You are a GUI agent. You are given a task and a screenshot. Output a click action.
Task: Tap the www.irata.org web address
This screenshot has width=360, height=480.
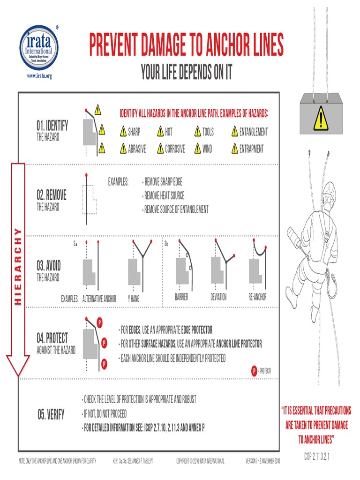(x=39, y=76)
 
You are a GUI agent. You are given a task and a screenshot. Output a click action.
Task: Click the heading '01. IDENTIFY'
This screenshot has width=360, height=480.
(x=52, y=126)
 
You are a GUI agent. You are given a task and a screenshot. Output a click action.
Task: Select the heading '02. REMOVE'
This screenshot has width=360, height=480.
(x=51, y=195)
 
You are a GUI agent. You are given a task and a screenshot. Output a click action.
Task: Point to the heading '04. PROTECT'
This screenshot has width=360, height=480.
(x=52, y=338)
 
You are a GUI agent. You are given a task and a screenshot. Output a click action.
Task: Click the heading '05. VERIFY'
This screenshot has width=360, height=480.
(x=51, y=415)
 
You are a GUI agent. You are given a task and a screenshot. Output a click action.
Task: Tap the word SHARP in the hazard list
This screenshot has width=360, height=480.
(x=134, y=132)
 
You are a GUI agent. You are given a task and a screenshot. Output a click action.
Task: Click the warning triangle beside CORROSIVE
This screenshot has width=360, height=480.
(x=160, y=149)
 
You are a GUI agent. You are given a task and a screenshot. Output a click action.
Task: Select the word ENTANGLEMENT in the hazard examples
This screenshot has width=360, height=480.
(x=253, y=132)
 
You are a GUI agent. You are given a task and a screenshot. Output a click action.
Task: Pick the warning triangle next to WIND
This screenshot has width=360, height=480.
(x=197, y=149)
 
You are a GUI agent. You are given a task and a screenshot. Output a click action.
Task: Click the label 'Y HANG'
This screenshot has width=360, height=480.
(x=134, y=297)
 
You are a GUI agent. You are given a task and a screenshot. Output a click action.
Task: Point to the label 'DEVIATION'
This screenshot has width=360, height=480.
(x=218, y=297)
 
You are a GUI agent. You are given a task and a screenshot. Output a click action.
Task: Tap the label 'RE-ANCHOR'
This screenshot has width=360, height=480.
(x=257, y=297)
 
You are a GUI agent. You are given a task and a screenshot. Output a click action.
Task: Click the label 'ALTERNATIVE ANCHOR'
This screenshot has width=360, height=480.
(x=99, y=297)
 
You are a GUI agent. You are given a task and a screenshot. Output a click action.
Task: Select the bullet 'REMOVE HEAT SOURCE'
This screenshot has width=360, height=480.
(x=164, y=196)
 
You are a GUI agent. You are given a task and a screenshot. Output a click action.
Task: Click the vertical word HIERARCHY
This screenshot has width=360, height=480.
(x=18, y=266)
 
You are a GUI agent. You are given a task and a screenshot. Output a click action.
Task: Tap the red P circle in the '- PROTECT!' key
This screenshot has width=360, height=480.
(x=254, y=371)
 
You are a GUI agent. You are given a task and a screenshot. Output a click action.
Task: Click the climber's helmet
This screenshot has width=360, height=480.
(x=329, y=191)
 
